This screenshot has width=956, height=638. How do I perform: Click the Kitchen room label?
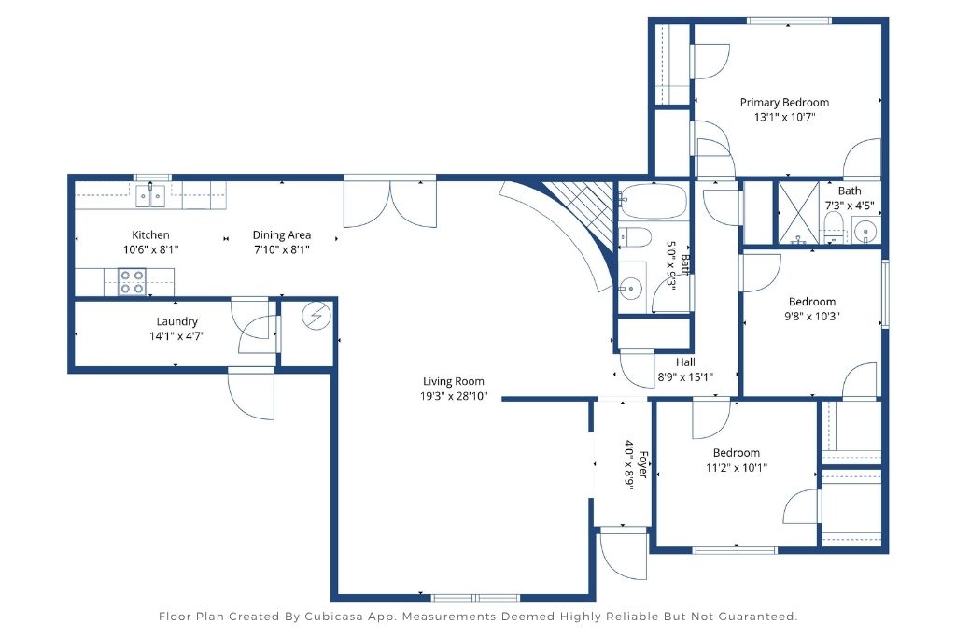(150, 234)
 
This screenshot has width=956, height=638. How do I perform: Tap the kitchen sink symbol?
(150, 196)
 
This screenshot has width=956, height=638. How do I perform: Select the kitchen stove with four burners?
(132, 281)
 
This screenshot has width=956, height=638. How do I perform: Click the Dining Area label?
(282, 234)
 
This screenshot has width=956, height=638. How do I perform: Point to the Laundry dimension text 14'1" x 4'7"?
(176, 336)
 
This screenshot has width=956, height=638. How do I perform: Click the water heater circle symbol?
(316, 317)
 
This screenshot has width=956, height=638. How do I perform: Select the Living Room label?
(454, 381)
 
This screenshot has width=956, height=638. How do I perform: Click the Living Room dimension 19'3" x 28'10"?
(454, 396)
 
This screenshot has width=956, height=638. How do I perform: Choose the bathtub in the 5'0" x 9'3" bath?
(653, 201)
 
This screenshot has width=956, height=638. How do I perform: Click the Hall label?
(685, 362)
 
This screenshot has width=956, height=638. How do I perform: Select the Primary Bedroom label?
(784, 103)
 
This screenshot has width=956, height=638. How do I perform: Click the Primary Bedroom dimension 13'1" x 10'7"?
(784, 117)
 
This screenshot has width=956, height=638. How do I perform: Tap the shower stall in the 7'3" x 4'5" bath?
(798, 212)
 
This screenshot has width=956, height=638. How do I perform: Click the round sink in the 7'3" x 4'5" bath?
(865, 232)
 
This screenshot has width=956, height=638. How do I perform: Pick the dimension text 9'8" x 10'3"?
(812, 316)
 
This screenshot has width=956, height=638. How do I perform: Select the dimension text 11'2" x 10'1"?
(737, 468)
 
